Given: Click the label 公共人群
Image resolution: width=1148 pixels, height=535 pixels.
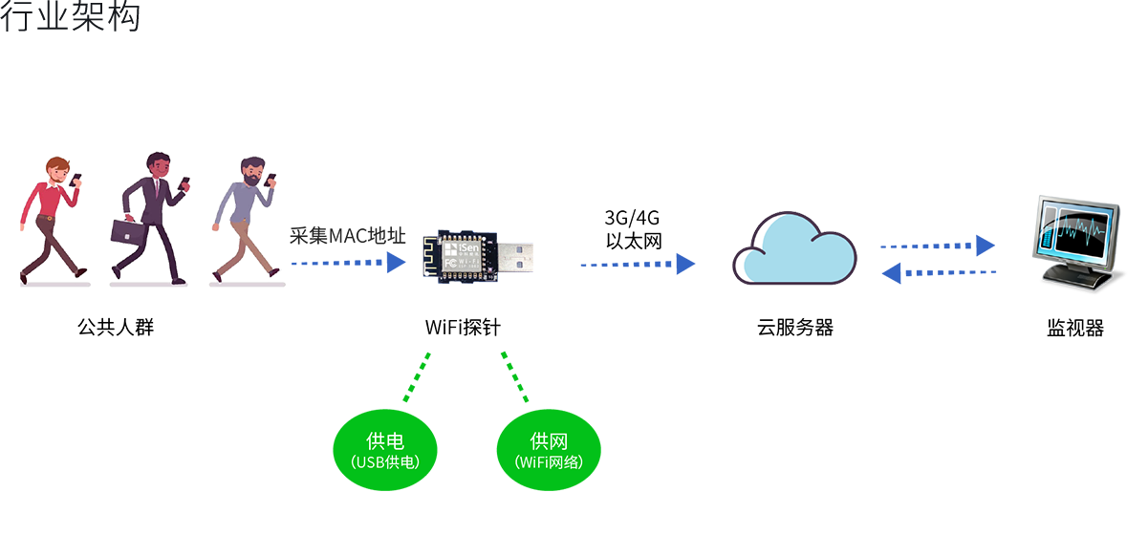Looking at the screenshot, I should [x=116, y=328].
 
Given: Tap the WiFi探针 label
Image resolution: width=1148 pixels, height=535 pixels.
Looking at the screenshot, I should [x=463, y=328].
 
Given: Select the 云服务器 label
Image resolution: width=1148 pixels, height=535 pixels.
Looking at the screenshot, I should [x=795, y=328].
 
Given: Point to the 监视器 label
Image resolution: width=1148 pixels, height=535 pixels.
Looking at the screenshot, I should [x=1075, y=328].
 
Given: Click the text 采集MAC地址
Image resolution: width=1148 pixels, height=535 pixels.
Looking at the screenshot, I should [x=348, y=236].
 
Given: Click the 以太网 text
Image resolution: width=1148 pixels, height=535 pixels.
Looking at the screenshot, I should [x=634, y=241].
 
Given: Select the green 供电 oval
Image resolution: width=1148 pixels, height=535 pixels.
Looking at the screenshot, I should [x=385, y=449].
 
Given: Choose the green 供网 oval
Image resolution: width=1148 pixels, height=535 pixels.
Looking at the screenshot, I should [x=549, y=449].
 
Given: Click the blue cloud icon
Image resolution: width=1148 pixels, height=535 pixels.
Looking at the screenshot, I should [x=794, y=250].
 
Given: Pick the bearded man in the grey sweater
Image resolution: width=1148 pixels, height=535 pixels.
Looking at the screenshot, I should [x=246, y=218].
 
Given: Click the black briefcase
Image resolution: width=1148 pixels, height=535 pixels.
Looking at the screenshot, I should [x=127, y=231].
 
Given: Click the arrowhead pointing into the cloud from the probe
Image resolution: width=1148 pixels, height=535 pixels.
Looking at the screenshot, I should [x=685, y=264].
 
